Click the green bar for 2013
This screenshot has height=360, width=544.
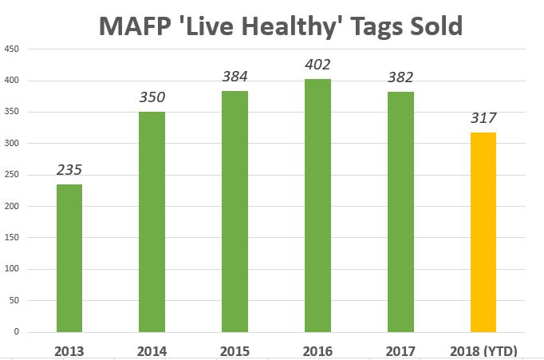[69, 259]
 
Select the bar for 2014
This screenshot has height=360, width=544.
[152, 222]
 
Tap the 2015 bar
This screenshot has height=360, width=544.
[235, 212]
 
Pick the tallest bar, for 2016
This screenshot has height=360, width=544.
[317, 206]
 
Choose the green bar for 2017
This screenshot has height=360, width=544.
[400, 212]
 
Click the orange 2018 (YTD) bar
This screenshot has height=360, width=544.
[483, 232]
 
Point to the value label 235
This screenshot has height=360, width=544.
[69, 170]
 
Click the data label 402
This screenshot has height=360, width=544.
[317, 65]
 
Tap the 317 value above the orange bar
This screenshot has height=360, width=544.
[483, 118]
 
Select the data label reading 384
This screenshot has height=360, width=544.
[235, 77]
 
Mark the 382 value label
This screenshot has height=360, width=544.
[400, 77]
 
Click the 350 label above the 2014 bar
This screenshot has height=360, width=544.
[152, 97]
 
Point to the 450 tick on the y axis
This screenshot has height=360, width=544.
[11, 49]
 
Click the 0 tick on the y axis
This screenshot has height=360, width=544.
[16, 332]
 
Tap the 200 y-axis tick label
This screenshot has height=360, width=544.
[11, 206]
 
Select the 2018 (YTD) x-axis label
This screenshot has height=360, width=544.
[483, 351]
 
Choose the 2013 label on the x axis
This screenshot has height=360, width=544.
[69, 351]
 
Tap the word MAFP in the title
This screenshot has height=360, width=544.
[135, 26]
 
